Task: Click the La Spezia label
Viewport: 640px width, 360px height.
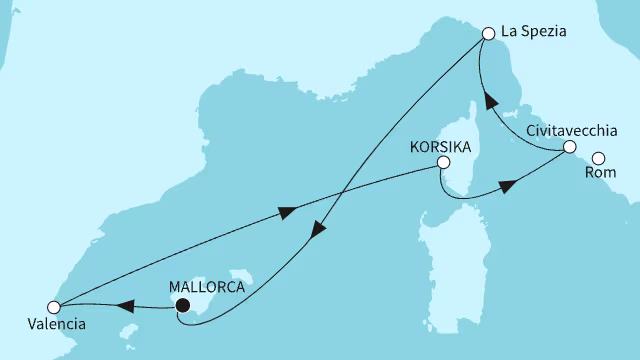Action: pos(534,32)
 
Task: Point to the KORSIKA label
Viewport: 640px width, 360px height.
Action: pos(441,145)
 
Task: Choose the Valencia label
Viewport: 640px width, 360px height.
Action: pos(56,324)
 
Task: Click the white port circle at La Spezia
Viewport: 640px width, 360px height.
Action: pos(489,33)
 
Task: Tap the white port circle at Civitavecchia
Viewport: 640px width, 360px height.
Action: pos(569,147)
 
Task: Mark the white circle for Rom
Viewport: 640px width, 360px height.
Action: pos(599,158)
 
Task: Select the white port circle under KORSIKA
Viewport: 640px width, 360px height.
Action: pos(443,163)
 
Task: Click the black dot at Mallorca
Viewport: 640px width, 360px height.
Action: pos(182,306)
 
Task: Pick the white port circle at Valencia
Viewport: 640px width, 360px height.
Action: pos(56,306)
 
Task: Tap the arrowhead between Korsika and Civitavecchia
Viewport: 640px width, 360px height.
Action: pos(507,186)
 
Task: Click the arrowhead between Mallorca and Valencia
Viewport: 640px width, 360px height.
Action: pos(127,305)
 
